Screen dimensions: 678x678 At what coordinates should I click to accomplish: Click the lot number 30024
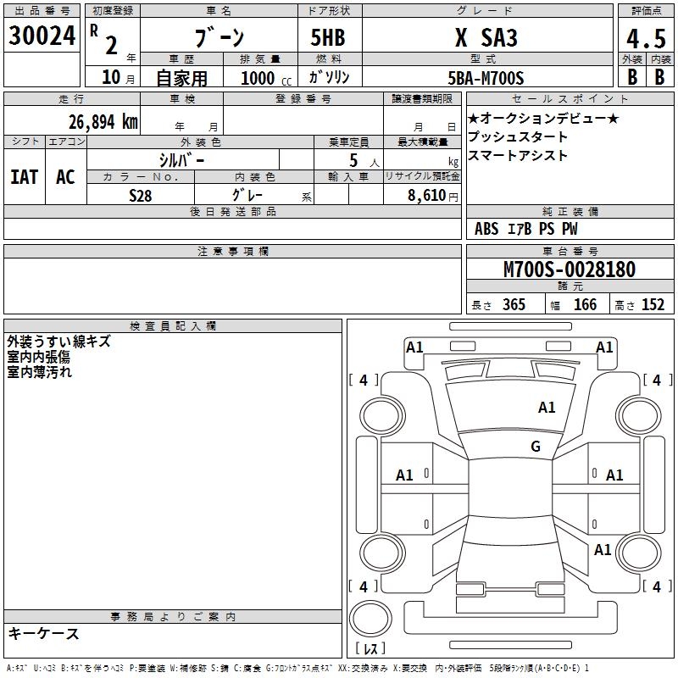point(42,36)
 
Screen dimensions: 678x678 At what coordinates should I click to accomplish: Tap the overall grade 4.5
point(645,38)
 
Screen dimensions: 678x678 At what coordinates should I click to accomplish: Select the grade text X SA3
point(486,38)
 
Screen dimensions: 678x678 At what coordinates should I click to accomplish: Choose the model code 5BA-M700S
point(486,78)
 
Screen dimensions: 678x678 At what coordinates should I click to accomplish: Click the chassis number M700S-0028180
point(569,270)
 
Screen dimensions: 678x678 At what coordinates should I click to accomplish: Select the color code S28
point(142,195)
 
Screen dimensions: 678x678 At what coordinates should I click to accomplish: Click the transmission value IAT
point(25,177)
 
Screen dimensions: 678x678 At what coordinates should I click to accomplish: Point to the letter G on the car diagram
point(536,446)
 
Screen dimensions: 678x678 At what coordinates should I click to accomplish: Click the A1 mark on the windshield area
point(547,408)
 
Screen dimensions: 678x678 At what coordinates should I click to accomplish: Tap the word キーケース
point(43,634)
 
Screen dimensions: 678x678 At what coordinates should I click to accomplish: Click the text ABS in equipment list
point(486,229)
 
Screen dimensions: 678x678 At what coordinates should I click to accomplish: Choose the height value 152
point(653,305)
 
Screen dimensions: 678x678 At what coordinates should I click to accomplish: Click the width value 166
point(585,305)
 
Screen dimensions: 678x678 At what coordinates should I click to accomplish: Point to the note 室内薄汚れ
point(40,371)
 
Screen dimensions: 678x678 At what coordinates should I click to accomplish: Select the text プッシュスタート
point(518,137)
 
